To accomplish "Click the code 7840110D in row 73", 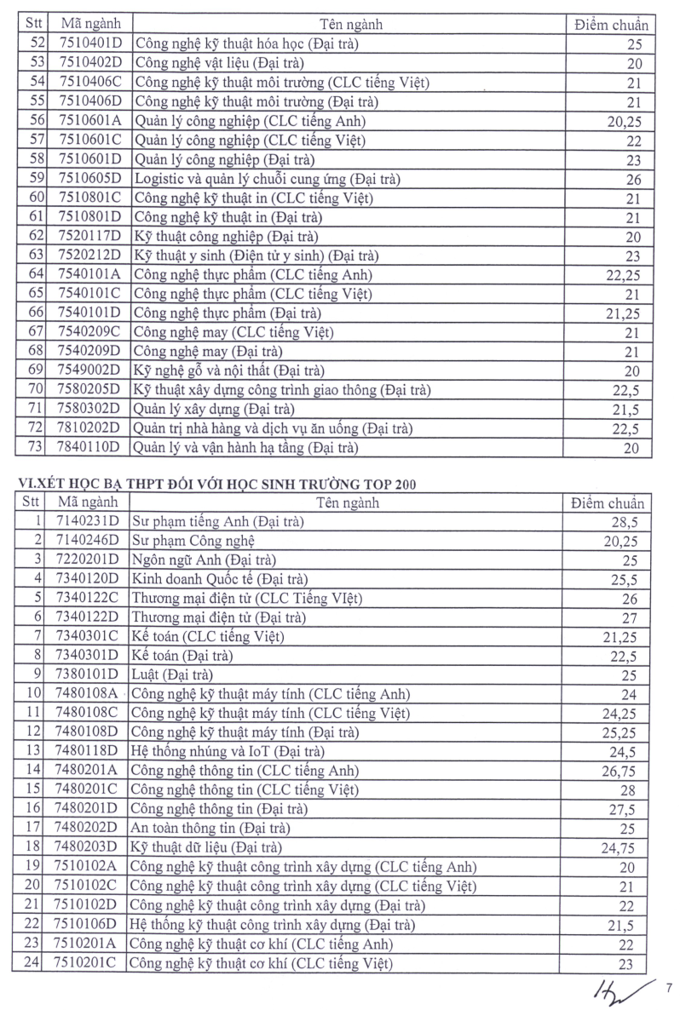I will tap(89, 448).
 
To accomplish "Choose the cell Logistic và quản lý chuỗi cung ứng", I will tap(267, 179).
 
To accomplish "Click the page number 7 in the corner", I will tap(669, 988).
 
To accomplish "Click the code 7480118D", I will tap(89, 752).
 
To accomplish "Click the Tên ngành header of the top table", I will tap(349, 24).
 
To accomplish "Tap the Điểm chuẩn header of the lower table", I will tap(608, 502).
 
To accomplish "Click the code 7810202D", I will tap(89, 428).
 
